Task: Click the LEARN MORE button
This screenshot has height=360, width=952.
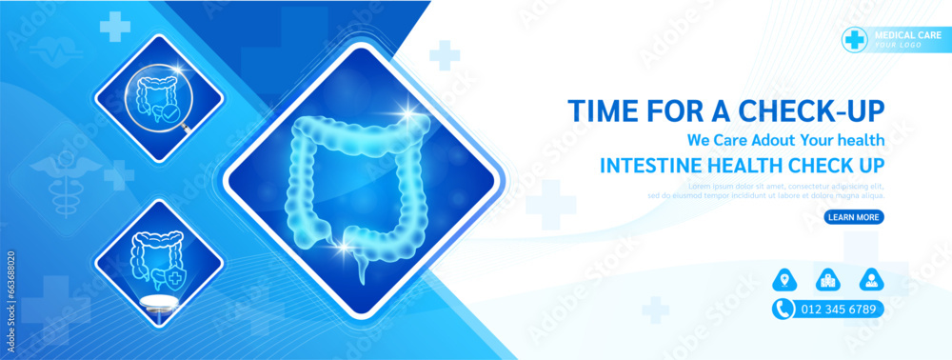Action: (853, 217)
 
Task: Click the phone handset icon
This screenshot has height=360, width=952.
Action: (783, 309)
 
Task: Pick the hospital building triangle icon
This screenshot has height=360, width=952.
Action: (826, 280)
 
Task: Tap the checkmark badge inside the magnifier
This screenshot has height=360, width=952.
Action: (170, 112)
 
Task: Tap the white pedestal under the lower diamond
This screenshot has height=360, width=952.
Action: (158, 302)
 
